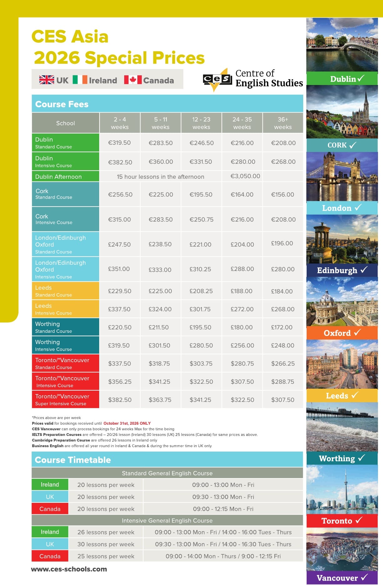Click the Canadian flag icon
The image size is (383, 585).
pos(133,80)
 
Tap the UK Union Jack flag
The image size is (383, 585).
pos(47,80)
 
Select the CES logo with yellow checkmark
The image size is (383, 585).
pos(217,79)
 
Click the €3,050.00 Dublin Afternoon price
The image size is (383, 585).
pos(245,176)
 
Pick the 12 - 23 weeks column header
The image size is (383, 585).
pos(201,123)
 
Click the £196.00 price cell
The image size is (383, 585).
pos(282,243)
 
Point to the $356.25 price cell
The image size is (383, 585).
pos(120,382)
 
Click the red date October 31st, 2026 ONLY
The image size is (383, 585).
pos(127,423)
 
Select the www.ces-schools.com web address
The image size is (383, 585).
pos(69,569)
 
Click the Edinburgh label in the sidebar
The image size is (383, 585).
pos(337,270)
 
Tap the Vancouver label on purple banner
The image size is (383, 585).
pos(337,578)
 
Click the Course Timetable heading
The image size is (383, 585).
pos(73,460)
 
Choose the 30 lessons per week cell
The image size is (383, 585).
pos(106,544)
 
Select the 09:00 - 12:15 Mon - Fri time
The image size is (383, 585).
pos(223,509)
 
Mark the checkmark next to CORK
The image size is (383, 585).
pos(353,145)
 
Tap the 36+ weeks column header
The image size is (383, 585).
pos(283,123)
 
